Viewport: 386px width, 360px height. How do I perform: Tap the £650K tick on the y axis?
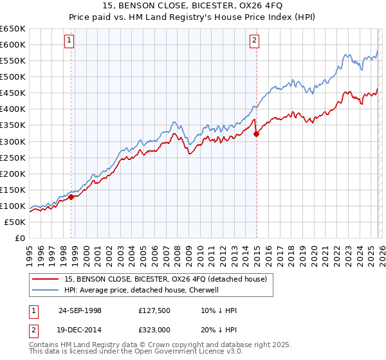pos(13,29)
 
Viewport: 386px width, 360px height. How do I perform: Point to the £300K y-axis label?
pos(13,141)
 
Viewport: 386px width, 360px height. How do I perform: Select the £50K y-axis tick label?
pos(15,222)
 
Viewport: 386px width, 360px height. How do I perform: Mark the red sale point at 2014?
pos(257,134)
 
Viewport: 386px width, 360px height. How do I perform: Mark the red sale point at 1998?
pos(71,197)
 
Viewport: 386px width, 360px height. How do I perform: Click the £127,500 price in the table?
pos(153,310)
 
